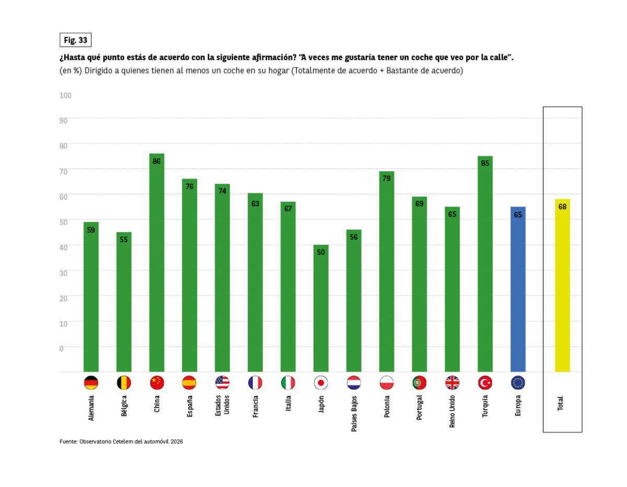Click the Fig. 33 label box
coord(75,40)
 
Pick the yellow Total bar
coord(562,285)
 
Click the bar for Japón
coord(321,308)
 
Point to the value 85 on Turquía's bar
coord(485,163)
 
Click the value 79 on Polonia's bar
coord(387,178)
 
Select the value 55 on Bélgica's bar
coord(124,240)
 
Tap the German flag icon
coord(91,383)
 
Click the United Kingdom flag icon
coord(452,383)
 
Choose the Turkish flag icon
coord(485,383)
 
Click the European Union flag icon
coord(518,383)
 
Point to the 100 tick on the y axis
coord(65,95)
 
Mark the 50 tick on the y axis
coord(63,222)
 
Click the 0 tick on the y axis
coord(62,348)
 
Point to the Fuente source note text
coord(121,441)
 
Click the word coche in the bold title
coord(420,57)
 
